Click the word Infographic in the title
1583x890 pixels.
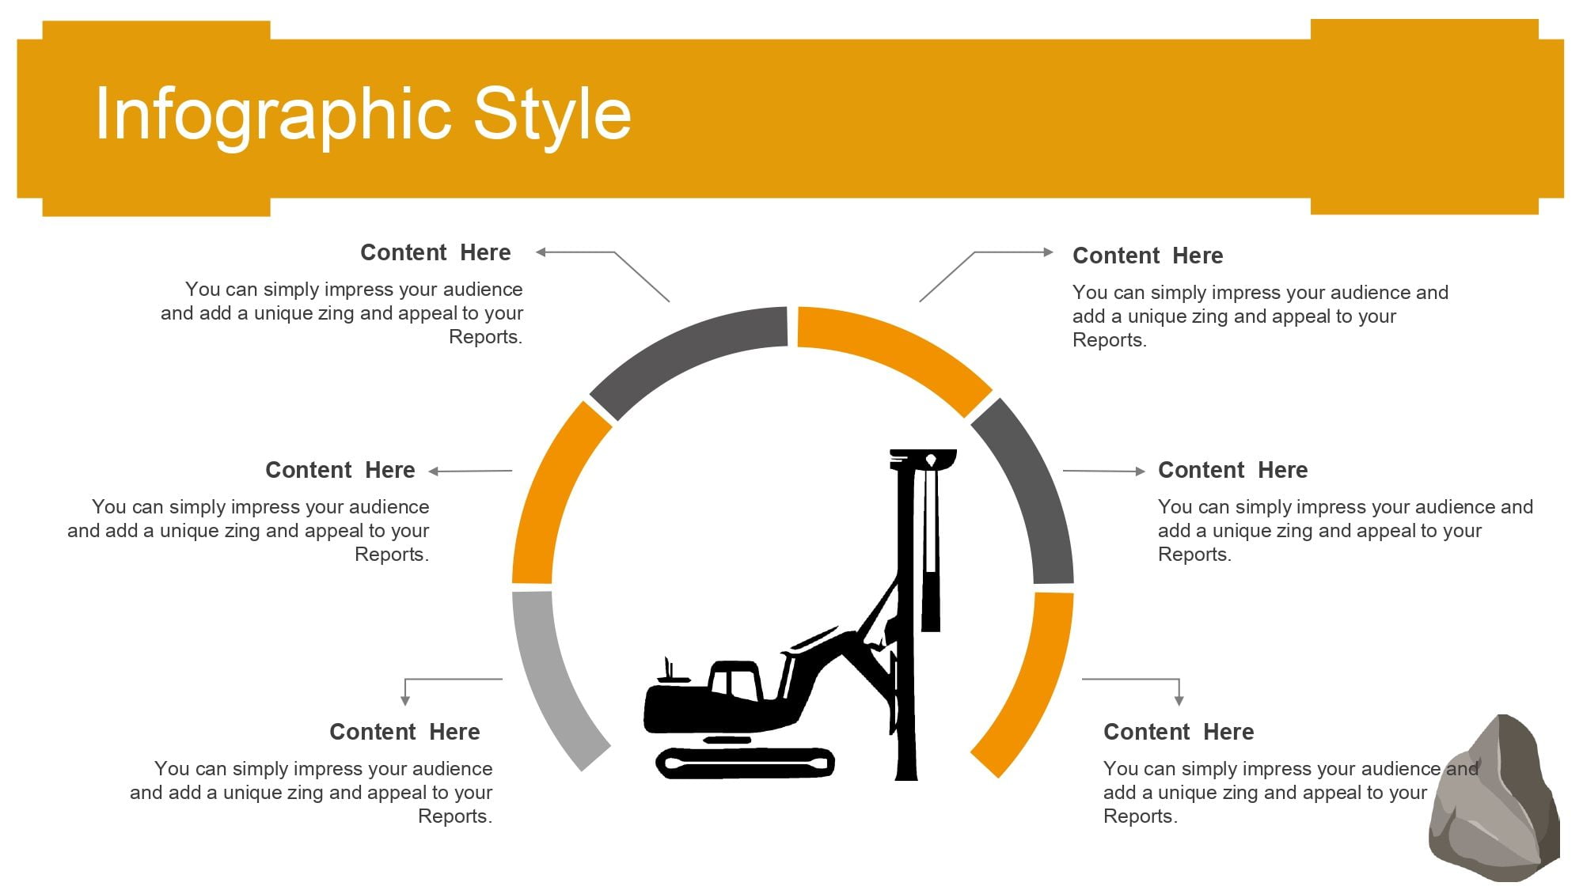[274, 116]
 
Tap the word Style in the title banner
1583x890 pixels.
[552, 116]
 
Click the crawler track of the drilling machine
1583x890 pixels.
[745, 763]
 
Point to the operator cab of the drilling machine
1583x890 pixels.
[735, 680]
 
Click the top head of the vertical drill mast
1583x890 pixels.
[923, 459]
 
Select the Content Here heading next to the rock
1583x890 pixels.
[1179, 732]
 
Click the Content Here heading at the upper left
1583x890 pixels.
[435, 252]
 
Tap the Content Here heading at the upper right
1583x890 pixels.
[1148, 256]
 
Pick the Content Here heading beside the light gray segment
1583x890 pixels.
[404, 732]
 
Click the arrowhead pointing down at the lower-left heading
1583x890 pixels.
[405, 701]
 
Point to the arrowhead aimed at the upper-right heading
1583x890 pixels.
[1049, 252]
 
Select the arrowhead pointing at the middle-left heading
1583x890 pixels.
[434, 472]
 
